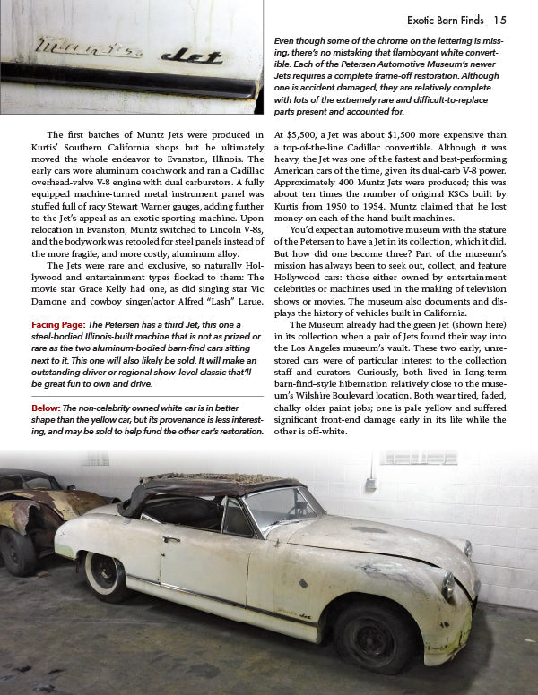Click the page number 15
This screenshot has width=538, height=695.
click(499, 20)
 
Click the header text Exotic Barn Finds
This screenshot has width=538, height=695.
click(446, 20)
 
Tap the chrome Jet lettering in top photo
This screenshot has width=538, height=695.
click(193, 56)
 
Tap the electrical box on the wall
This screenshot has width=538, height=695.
click(369, 485)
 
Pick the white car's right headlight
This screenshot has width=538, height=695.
click(447, 586)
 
